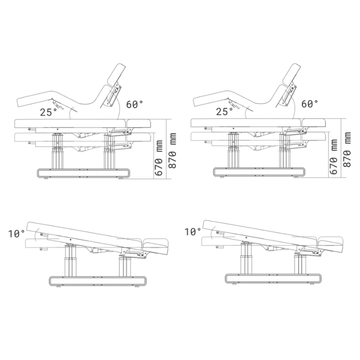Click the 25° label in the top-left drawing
(49, 112)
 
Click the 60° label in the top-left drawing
(135, 104)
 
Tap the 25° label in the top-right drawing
(224, 112)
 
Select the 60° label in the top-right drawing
(310, 104)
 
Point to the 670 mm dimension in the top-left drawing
(159, 158)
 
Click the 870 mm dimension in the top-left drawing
(172, 151)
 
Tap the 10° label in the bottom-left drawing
(17, 234)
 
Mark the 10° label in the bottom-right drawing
(193, 232)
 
